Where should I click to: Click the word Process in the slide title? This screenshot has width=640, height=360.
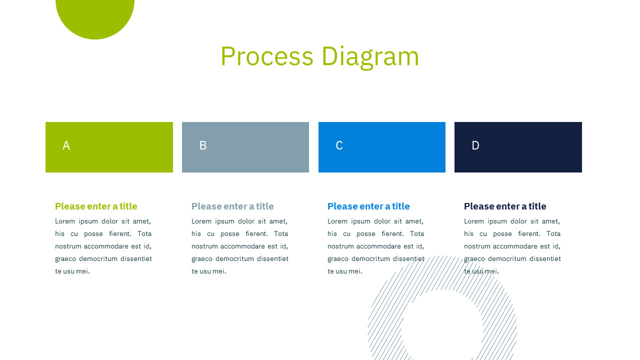[267, 56]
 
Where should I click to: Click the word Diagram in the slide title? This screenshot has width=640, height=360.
[370, 57]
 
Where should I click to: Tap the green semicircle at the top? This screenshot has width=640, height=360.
[95, 17]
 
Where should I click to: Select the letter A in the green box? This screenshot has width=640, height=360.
[66, 145]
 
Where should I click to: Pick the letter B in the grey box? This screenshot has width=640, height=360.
[203, 145]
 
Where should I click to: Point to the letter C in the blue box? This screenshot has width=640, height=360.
[339, 145]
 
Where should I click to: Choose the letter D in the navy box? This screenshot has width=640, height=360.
[475, 145]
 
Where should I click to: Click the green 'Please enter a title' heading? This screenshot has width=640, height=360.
[96, 206]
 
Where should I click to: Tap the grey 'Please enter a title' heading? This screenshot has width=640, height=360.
[232, 206]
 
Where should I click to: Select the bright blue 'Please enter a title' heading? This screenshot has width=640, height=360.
[368, 206]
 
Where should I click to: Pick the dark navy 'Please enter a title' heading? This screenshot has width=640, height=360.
[505, 206]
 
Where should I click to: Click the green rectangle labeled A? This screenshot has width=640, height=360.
[109, 147]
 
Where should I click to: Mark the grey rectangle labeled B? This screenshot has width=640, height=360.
[245, 147]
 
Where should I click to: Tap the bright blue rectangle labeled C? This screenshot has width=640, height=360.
[382, 147]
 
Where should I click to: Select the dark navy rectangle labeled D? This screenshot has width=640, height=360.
[518, 147]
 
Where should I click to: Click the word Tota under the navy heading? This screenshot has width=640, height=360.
[553, 233]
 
